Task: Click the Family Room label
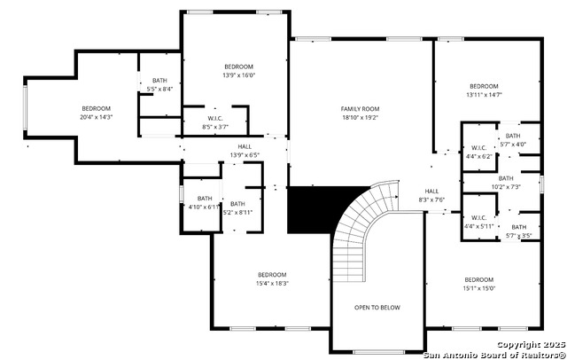361,109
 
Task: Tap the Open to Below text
377,308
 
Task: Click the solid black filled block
318,209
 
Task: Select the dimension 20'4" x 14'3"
97,117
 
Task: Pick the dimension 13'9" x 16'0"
238,75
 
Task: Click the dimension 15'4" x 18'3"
272,283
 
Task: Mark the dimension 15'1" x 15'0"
479,288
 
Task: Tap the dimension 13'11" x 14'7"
485,95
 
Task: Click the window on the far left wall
25,107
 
